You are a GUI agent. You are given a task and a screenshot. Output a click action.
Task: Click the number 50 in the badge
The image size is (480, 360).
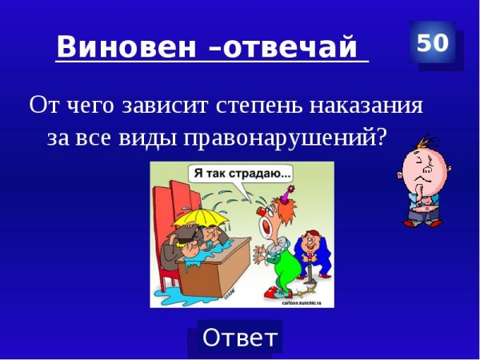pyautogui.click(x=432, y=43)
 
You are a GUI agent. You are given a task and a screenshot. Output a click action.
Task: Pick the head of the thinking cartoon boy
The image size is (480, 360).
pyautogui.click(x=422, y=164)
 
